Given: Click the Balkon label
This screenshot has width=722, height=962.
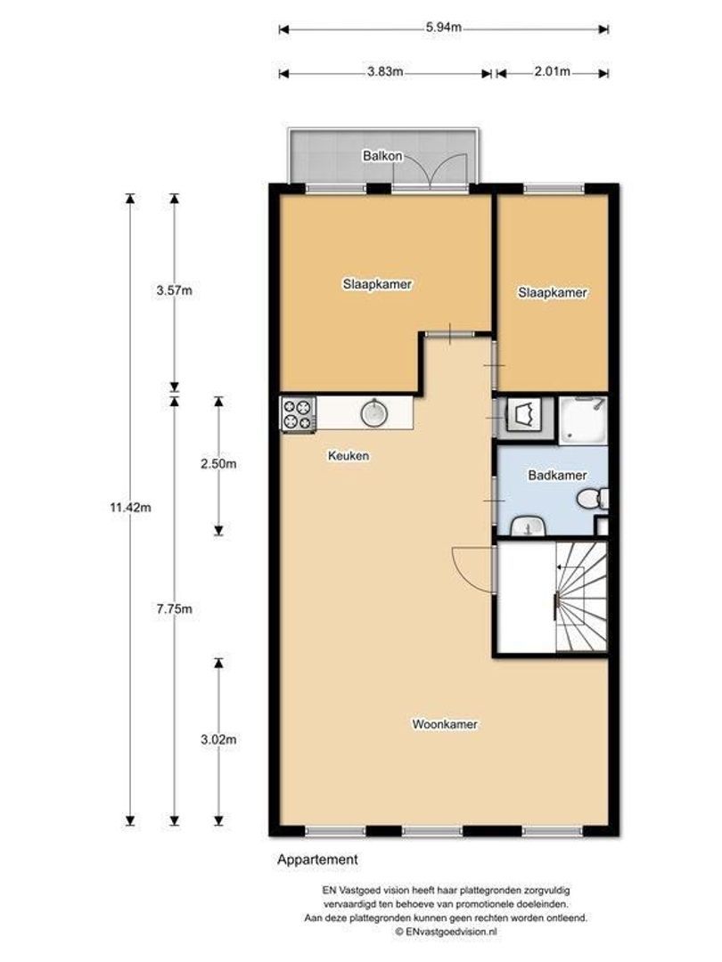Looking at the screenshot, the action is click(x=382, y=156).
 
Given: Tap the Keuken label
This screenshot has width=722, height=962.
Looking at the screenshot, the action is click(x=349, y=456).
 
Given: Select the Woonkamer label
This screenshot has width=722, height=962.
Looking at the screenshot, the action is click(x=445, y=724).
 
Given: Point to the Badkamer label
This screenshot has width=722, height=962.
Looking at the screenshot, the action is click(x=557, y=476).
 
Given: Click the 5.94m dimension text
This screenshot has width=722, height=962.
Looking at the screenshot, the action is click(x=443, y=28).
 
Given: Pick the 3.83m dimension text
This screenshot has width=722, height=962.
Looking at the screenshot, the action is click(x=385, y=72).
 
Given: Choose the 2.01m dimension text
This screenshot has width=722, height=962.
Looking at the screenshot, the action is click(x=552, y=72).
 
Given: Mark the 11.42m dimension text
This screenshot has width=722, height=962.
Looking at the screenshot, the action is click(x=130, y=508).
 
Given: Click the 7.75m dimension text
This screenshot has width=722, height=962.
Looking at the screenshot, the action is click(x=175, y=609).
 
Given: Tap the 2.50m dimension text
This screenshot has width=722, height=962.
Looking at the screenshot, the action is click(x=218, y=464).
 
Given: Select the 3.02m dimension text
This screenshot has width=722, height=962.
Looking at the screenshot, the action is click(x=218, y=740).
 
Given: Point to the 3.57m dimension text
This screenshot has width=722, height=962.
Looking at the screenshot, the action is click(x=175, y=290).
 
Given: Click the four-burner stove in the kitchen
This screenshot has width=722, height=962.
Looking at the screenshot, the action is click(x=299, y=414).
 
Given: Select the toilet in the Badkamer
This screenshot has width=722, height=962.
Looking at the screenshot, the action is click(x=593, y=498).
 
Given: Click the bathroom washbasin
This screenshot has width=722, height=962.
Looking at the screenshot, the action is click(x=529, y=526).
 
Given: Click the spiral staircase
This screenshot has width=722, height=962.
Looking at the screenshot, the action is click(x=581, y=597).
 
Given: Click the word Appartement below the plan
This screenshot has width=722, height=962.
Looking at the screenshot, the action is click(x=317, y=860).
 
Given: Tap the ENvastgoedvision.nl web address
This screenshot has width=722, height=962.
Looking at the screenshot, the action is click(x=447, y=932).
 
